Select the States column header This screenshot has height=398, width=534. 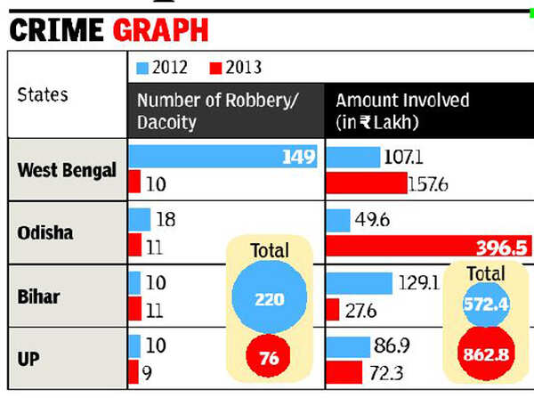pyautogui.click(x=44, y=94)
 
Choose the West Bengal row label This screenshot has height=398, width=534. pyautogui.click(x=68, y=170)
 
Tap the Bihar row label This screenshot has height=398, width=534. pyautogui.click(x=39, y=295)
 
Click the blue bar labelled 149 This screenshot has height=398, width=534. pyautogui.click(x=222, y=158)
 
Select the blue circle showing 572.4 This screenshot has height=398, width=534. pyautogui.click(x=484, y=305)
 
